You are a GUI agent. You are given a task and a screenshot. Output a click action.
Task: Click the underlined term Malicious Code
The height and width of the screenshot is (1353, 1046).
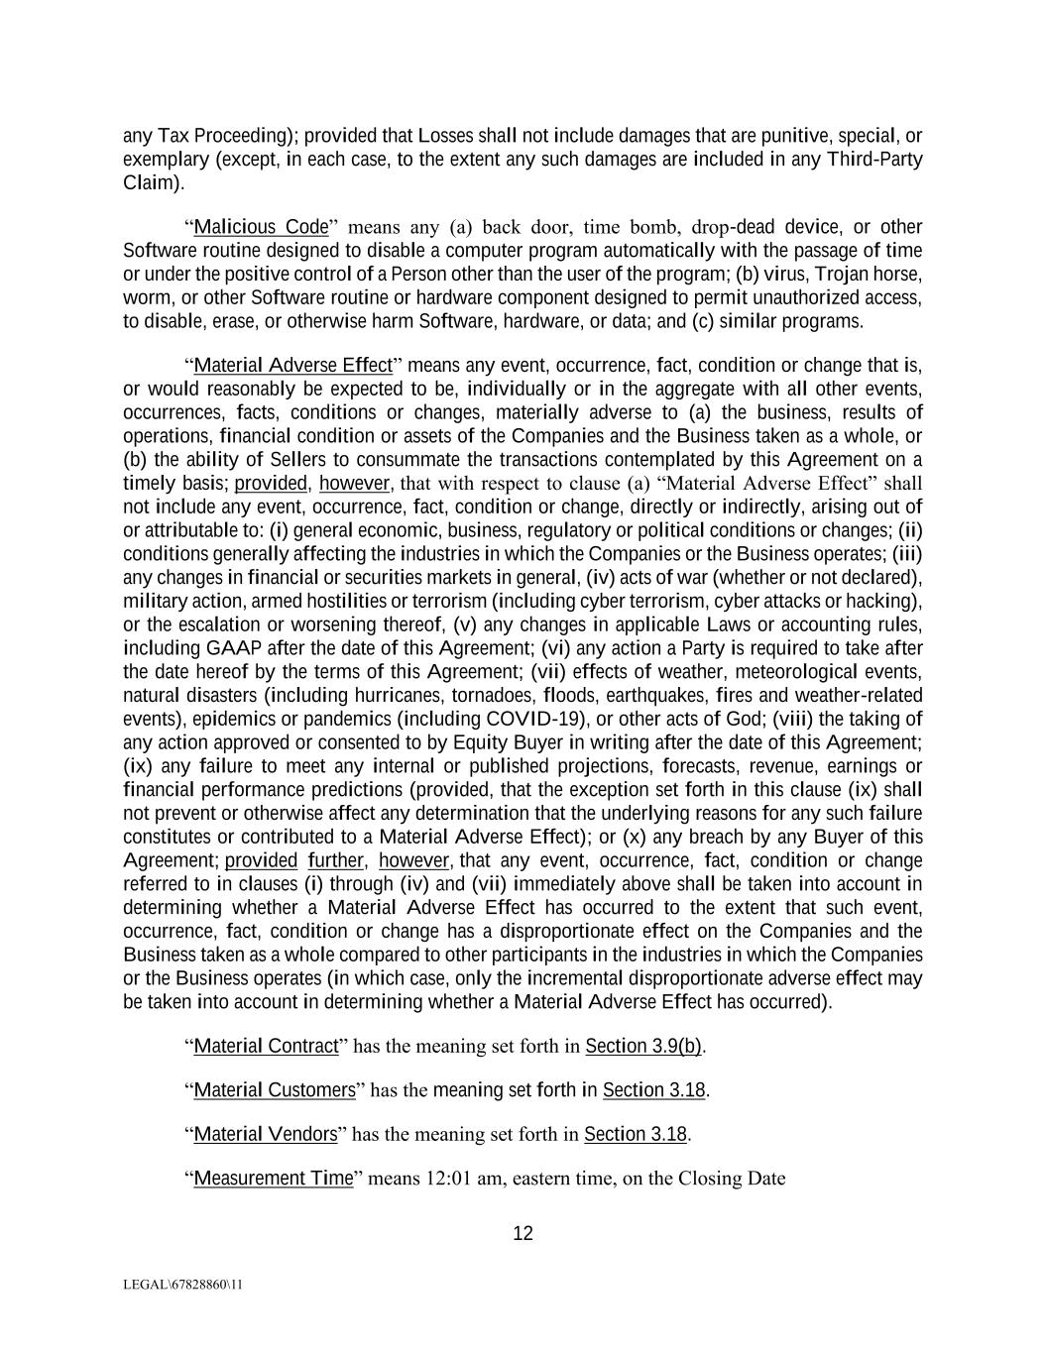(261, 227)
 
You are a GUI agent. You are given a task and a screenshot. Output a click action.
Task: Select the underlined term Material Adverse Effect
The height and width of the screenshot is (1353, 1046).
(293, 365)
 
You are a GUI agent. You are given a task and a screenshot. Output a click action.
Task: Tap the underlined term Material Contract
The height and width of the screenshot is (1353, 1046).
(266, 1046)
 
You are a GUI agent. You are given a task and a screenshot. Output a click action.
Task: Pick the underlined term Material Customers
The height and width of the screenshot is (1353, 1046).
(275, 1090)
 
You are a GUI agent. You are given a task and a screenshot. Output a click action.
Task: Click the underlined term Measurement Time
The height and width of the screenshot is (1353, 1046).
(274, 1178)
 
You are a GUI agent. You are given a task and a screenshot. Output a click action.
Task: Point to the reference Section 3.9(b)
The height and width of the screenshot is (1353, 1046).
(643, 1046)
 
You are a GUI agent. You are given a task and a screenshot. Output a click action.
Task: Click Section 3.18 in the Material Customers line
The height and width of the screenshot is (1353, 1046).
(653, 1090)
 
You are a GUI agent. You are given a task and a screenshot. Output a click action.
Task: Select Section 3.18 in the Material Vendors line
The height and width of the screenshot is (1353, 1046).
(636, 1134)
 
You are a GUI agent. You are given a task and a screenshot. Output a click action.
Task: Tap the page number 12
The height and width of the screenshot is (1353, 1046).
(523, 1233)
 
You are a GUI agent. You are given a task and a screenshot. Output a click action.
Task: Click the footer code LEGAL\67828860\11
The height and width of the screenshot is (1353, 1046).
(183, 1285)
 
